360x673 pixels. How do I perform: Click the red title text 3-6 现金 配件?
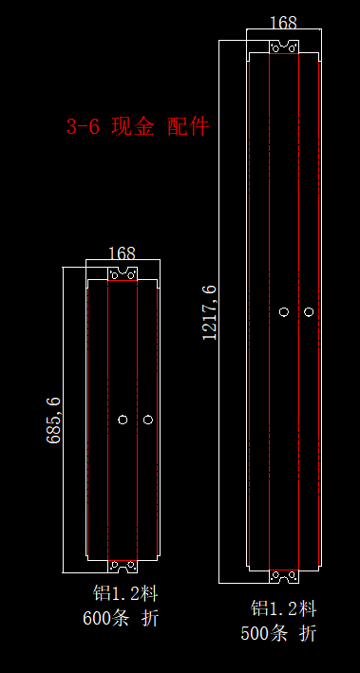click(138, 126)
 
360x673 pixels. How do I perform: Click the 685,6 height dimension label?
click(54, 421)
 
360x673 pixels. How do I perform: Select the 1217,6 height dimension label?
click(210, 312)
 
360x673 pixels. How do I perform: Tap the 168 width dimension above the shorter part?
click(122, 253)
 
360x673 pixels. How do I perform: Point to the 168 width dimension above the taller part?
click(283, 23)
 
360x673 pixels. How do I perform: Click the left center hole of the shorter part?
click(123, 420)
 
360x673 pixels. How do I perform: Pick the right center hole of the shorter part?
click(148, 420)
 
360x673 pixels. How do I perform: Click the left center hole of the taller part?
click(284, 311)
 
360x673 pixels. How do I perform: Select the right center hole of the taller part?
click(309, 311)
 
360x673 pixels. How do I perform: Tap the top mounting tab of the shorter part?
click(123, 273)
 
